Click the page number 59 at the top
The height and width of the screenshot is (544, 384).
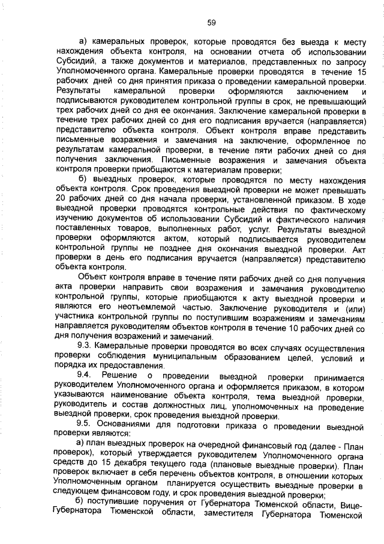tap(211, 23)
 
